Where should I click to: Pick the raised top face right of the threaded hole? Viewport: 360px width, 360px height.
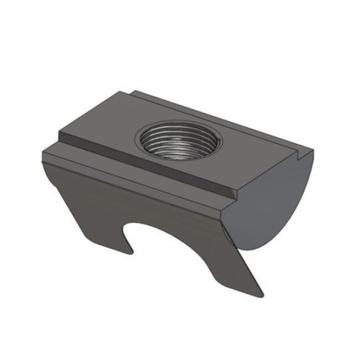[x=238, y=155]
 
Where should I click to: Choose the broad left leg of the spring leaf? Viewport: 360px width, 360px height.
[x=86, y=209]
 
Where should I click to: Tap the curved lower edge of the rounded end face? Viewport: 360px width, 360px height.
[x=288, y=230]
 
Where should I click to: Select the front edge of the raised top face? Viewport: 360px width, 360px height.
[x=144, y=167]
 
